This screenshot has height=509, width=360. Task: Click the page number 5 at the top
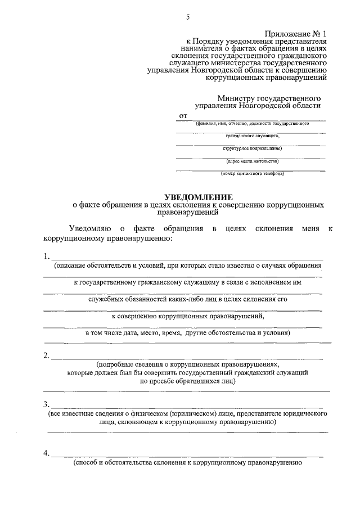click(x=188, y=17)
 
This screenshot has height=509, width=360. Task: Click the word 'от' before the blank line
click(x=182, y=115)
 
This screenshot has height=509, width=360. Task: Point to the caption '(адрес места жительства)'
click(x=252, y=161)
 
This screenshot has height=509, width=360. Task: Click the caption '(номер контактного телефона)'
click(x=253, y=174)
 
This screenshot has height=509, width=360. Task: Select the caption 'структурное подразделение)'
click(x=252, y=148)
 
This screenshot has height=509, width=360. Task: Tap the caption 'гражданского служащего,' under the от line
click(x=253, y=136)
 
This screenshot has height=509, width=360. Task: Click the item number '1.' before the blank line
click(x=47, y=256)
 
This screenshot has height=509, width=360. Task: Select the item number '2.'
click(x=47, y=355)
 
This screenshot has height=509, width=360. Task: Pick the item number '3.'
click(x=47, y=404)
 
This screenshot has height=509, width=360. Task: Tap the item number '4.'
click(x=47, y=453)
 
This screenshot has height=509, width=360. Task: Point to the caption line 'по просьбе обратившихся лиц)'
click(x=188, y=381)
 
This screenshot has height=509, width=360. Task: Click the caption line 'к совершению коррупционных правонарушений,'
click(x=188, y=316)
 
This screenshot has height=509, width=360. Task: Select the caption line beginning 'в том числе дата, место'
click(x=188, y=332)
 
